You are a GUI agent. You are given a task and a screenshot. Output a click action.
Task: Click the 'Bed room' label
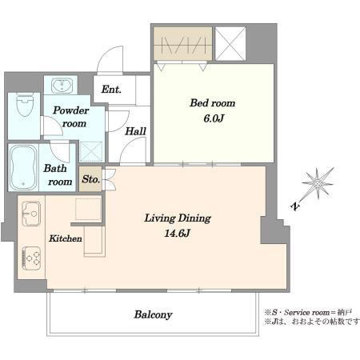tap(212, 103)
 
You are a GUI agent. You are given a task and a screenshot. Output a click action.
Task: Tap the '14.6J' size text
tap(177, 234)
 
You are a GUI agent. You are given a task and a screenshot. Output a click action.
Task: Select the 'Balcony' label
tap(153, 314)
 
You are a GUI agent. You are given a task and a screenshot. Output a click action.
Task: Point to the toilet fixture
tap(25, 104)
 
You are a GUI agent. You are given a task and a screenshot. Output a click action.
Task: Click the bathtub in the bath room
tap(23, 167)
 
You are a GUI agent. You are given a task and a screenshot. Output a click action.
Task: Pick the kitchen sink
tap(31, 214)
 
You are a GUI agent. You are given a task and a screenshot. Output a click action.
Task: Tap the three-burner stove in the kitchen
tap(31, 258)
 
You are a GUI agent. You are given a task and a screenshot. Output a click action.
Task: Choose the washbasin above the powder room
tap(62, 85)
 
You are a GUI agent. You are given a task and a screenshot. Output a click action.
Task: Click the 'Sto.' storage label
tap(91, 179)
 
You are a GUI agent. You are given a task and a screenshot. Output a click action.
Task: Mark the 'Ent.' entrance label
tap(111, 90)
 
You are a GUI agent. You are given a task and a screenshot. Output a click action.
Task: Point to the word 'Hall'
tap(136, 131)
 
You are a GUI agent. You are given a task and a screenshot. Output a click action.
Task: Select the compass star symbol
tap(318, 183)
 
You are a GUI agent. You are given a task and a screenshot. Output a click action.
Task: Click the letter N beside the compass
tap(295, 206)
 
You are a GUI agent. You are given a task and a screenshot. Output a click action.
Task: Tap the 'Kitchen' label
tap(66, 238)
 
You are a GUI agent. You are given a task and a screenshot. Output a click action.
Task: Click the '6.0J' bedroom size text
tap(214, 118)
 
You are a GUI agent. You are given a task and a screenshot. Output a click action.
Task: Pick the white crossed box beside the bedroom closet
tap(230, 43)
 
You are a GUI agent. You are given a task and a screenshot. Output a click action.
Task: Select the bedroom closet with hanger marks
tap(183, 44)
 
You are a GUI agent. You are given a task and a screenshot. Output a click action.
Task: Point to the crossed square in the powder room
tap(91, 151)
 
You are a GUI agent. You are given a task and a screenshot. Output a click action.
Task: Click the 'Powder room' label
tap(71, 117)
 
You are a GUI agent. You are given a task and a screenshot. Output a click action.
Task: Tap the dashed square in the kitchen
tap(88, 209)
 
